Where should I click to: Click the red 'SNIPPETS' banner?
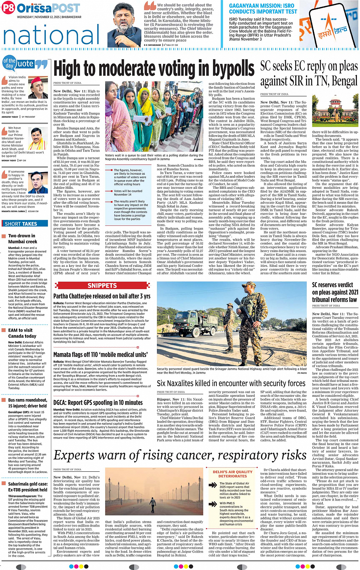[102, 286]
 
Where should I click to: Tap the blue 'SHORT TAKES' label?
[21, 224]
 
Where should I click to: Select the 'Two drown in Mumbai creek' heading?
[23, 239]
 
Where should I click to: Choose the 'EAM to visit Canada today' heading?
[22, 333]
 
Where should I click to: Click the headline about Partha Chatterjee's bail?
[102, 296]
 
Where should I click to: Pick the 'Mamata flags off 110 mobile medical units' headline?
[100, 354]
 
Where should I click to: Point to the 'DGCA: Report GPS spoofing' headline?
[98, 402]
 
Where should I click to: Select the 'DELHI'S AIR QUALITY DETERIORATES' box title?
[232, 474]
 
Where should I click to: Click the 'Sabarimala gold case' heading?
[28, 487]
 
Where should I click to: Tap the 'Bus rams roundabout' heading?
[28, 403]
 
